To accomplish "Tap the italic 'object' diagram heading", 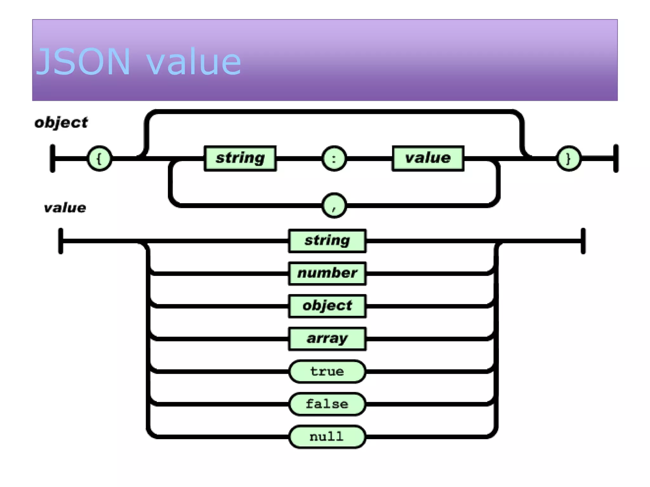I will coord(61,123).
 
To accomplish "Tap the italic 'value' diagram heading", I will coord(65,208).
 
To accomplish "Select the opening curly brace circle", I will coord(99,158).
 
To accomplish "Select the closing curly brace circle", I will coord(568,158).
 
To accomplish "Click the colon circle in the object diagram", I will coord(334,158).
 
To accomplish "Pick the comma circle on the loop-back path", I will coord(334,205).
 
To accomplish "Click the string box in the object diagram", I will coord(240,158).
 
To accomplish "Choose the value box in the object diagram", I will coord(428,158).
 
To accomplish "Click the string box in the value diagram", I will coord(327,241).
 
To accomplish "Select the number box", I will coord(327,273).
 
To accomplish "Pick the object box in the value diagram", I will coord(327,306).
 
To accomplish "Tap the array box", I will coord(327,339).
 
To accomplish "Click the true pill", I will coord(327,371).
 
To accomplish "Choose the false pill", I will coord(327,404).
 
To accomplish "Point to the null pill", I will coord(327,437).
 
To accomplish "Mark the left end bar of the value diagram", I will coord(61,241).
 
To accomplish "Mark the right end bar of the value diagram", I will coord(583,241).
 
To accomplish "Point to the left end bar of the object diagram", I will coord(53,158).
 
